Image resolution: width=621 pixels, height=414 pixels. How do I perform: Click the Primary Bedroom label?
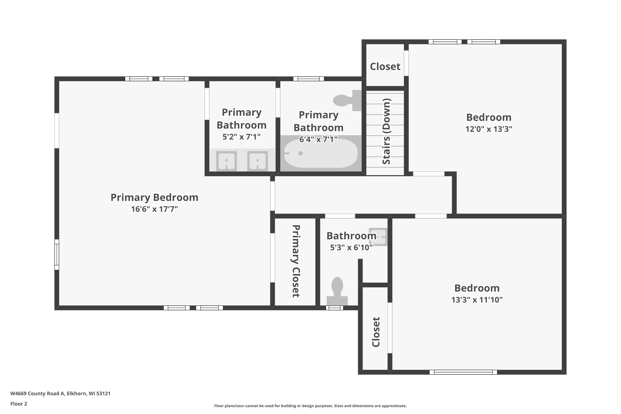[154, 197]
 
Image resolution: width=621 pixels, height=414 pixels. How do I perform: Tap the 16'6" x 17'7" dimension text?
[154, 209]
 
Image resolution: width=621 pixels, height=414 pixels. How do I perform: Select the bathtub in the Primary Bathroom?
[321, 153]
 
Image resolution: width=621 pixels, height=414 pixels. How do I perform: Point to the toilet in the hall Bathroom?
[337, 291]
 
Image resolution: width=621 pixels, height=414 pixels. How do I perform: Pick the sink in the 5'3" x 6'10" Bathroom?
[378, 237]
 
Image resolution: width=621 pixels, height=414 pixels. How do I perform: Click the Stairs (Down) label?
[386, 131]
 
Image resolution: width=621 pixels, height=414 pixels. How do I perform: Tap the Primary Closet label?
[296, 261]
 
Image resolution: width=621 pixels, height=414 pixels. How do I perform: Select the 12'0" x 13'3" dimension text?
[489, 129]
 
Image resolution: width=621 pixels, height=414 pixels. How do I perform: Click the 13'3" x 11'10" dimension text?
[477, 300]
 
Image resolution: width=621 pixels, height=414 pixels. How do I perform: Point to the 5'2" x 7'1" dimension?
[241, 137]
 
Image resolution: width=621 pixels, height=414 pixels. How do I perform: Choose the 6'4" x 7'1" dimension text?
[318, 139]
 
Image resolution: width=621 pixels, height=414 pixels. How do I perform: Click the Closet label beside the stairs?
[385, 66]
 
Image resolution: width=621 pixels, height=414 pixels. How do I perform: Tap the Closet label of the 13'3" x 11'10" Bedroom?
[376, 332]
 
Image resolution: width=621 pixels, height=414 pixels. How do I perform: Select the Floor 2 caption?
[19, 404]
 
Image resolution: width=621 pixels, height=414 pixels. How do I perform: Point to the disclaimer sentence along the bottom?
[310, 406]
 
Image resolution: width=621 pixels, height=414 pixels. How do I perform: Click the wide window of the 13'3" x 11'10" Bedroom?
[463, 372]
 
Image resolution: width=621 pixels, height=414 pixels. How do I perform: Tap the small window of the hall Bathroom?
[335, 308]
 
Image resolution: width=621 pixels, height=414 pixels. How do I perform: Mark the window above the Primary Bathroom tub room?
[309, 79]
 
